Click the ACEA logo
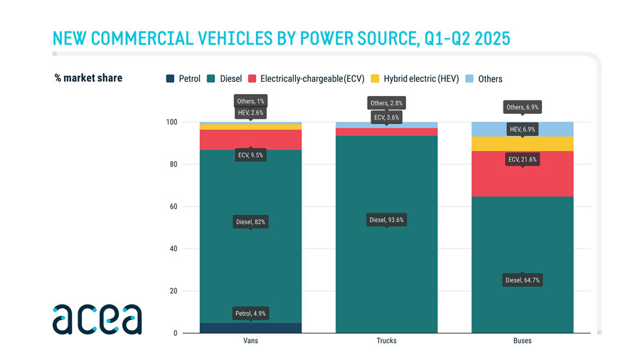[x=97, y=319]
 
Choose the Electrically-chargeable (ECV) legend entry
[x=306, y=78]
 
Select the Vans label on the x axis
[x=250, y=341]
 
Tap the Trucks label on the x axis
[x=386, y=341]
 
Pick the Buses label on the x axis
[x=522, y=341]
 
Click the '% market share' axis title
[x=88, y=78]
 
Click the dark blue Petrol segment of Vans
[x=213, y=328]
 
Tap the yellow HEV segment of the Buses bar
[x=491, y=144]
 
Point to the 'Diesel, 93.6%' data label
[x=386, y=221]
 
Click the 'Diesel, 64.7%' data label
[x=522, y=280]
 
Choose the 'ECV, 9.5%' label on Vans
[x=250, y=155]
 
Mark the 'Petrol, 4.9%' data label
[x=250, y=314]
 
